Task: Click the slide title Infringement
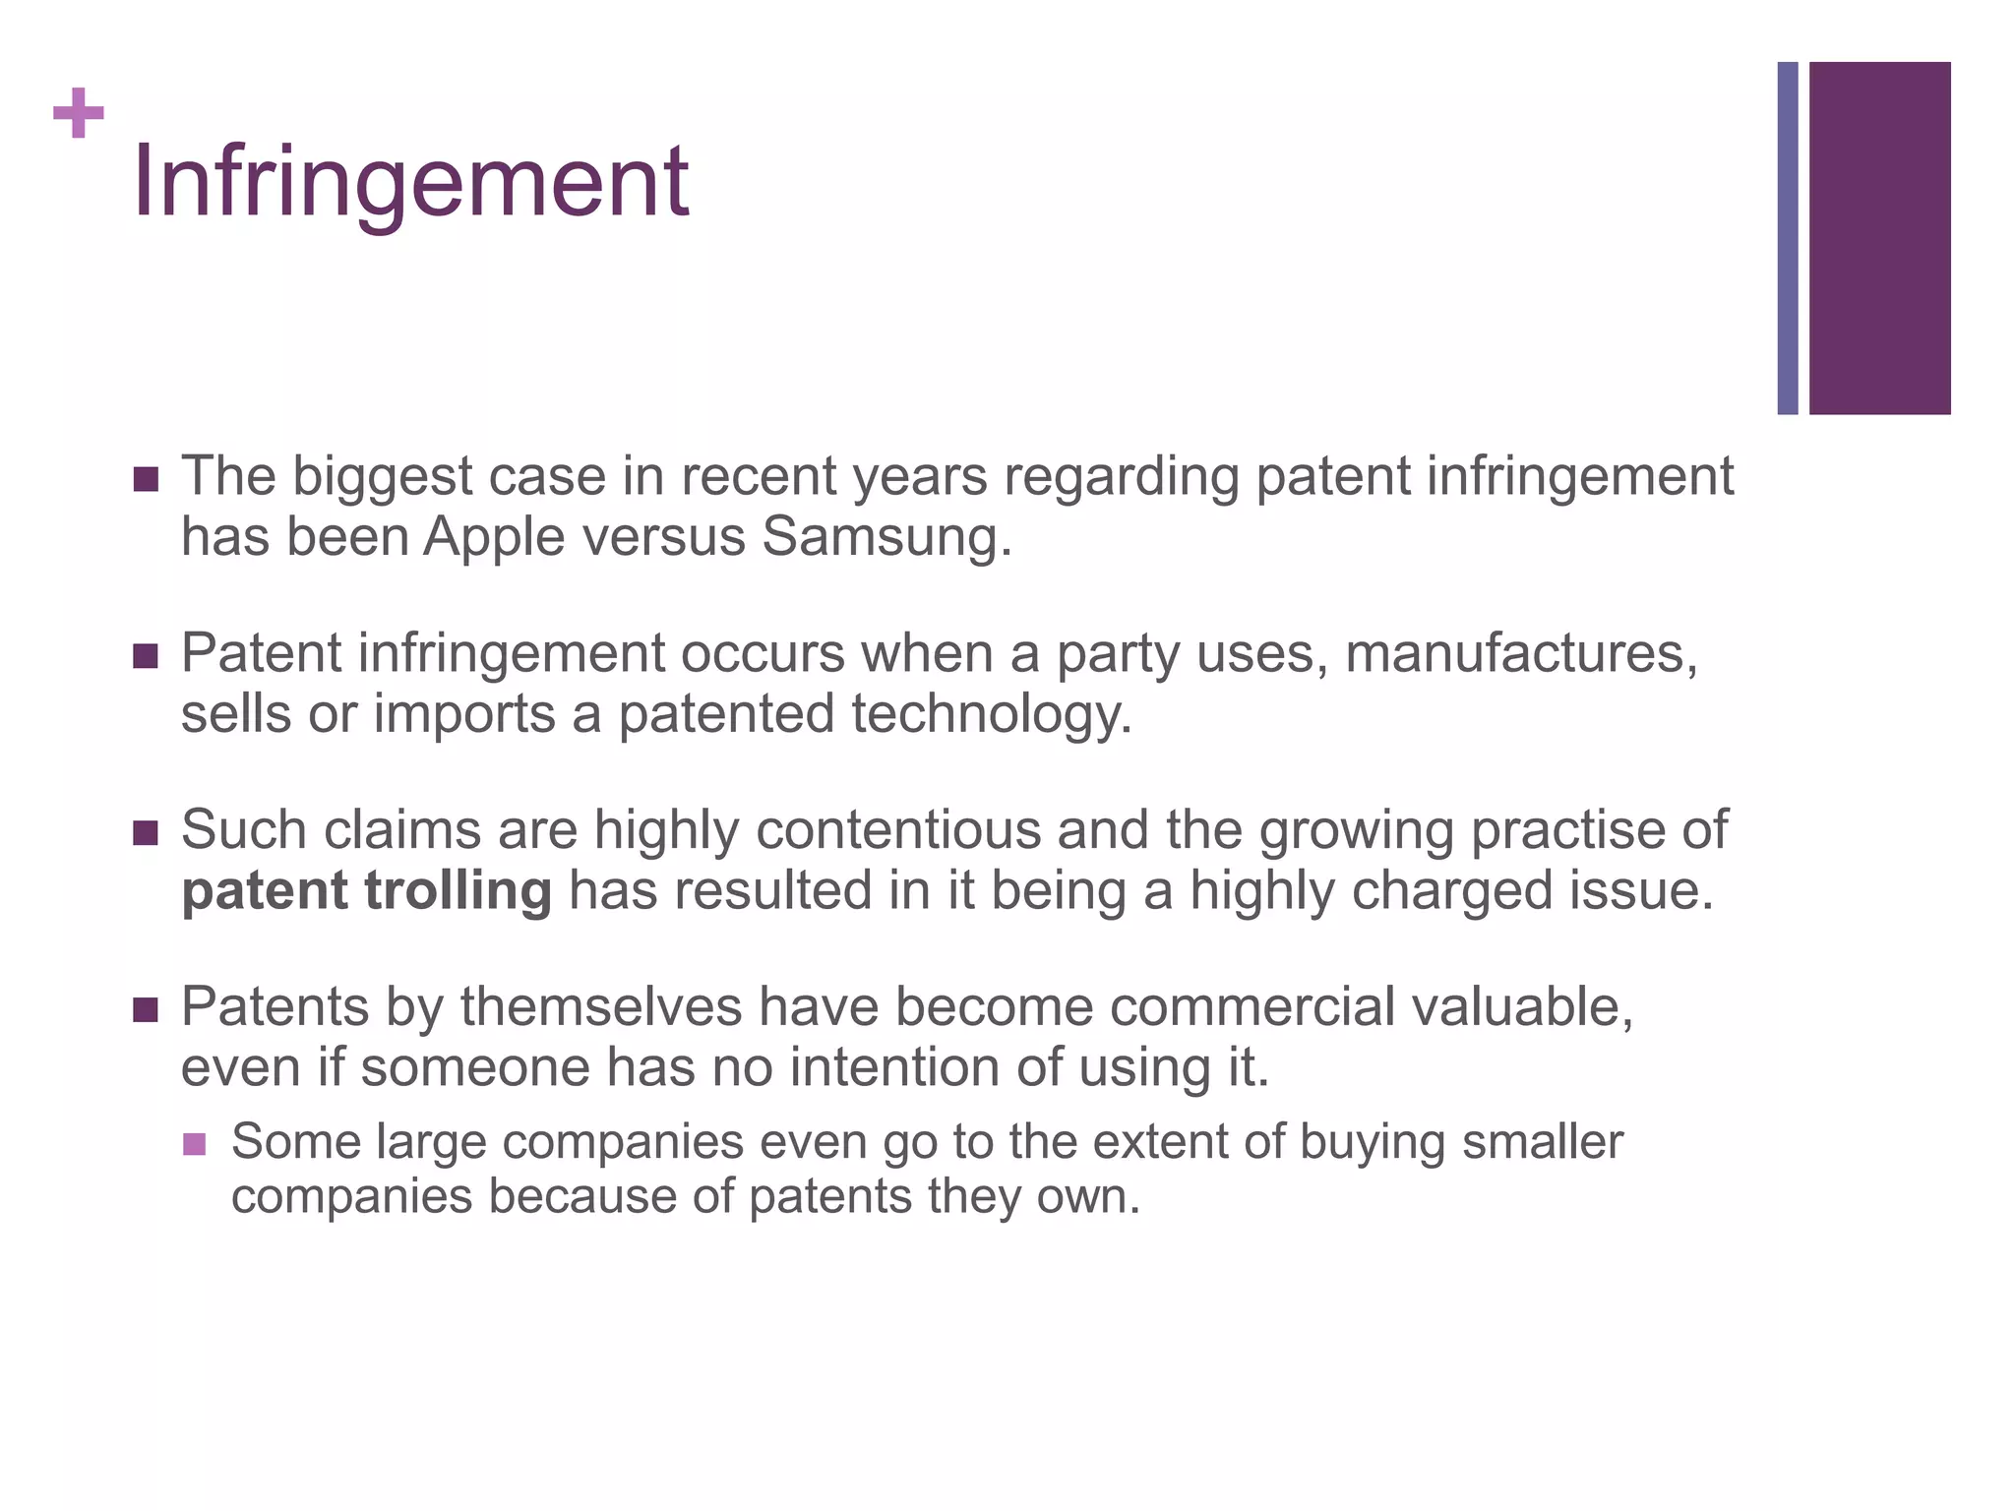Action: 410,182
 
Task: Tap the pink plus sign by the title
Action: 79,113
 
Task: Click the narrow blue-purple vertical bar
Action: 1787,238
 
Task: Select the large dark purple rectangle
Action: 1879,238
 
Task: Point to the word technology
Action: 992,715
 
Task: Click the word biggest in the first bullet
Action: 382,478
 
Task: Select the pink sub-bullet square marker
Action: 194,1144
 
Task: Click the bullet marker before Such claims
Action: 145,833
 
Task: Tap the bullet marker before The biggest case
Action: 145,479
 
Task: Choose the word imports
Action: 464,715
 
